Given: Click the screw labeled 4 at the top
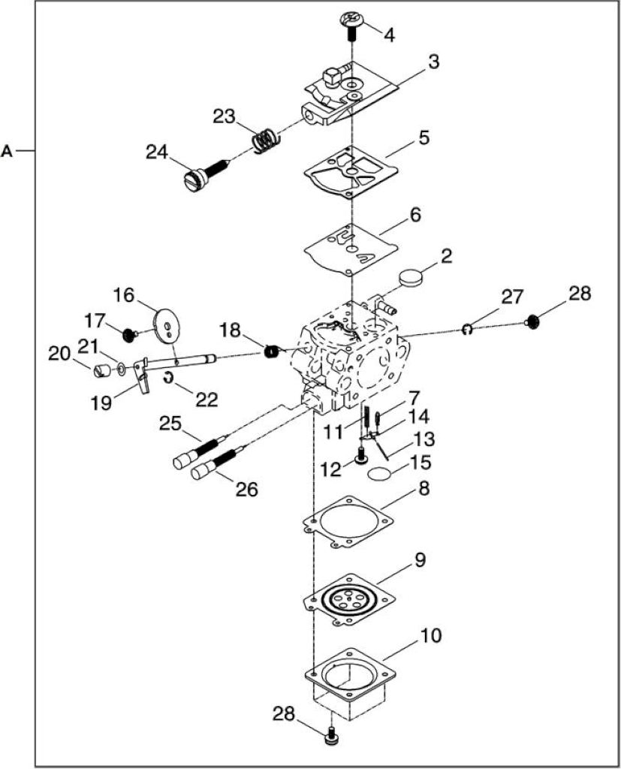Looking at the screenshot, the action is (x=351, y=26).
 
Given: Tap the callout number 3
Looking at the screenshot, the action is (x=433, y=62).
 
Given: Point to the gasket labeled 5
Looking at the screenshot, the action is (x=350, y=172).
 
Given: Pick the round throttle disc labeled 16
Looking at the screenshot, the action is (x=165, y=324).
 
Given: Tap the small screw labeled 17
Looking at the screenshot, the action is (x=128, y=336).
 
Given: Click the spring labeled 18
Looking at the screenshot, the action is (x=273, y=351).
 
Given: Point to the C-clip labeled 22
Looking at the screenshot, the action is (x=168, y=378).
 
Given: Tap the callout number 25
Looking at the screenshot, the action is (x=170, y=424).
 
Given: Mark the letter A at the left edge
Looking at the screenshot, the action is (x=6, y=150).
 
